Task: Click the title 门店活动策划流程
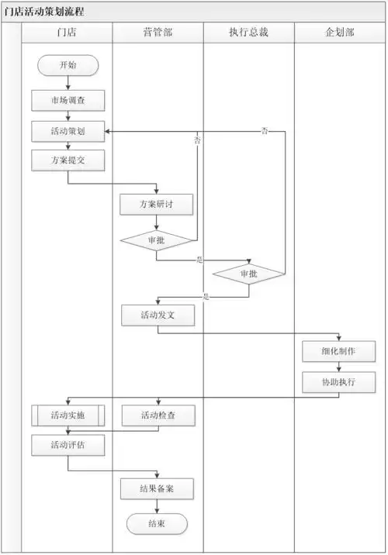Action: pos(45,12)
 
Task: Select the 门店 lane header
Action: pos(67,32)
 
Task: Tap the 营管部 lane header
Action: pos(158,32)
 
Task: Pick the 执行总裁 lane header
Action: pos(248,32)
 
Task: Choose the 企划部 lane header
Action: pos(340,32)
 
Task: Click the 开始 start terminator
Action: pos(68,65)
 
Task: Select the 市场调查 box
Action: pos(68,101)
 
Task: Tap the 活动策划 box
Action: pos(68,131)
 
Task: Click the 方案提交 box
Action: pos(68,160)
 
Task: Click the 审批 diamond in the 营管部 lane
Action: pos(156,240)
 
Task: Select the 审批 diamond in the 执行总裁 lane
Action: pos(248,274)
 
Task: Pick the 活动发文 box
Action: pos(158,315)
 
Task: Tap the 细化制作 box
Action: pos(339,351)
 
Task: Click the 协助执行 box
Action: pos(339,382)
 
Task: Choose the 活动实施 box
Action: pos(68,415)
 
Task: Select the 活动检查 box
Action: pos(158,415)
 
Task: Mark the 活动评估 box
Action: pos(68,445)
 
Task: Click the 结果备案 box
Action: pos(158,488)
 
